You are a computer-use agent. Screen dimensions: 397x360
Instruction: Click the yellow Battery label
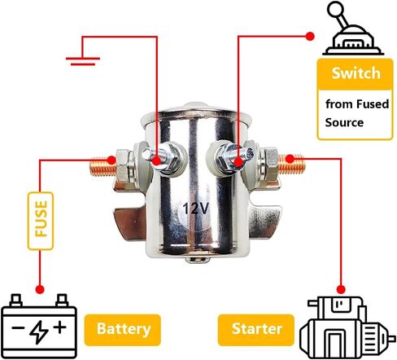point(123,330)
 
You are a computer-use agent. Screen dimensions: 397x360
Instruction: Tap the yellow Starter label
point(256,330)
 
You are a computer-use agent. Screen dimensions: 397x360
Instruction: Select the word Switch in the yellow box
point(356,73)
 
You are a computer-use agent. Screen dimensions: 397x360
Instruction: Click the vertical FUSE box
point(41,221)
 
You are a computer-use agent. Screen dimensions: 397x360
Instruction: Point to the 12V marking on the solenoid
point(196,209)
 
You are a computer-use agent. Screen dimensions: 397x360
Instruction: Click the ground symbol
point(83,61)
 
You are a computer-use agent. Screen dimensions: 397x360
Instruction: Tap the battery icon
point(39,326)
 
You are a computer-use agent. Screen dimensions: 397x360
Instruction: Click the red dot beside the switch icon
point(310,37)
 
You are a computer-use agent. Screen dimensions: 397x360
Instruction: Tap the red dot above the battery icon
point(40,289)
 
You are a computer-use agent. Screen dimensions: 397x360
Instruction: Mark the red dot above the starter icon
point(341,289)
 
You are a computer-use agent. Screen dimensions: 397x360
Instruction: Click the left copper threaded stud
point(103,166)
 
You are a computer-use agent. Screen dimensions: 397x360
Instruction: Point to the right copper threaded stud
point(291,164)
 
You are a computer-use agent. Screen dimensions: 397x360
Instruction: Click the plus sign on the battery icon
point(60,327)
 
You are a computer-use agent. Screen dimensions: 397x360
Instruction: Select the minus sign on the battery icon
point(18,327)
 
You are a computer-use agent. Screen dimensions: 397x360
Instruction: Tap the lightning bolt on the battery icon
point(39,332)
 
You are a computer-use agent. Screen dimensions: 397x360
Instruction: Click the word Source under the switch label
point(344,122)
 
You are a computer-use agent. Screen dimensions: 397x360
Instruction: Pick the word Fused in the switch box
point(373,104)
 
